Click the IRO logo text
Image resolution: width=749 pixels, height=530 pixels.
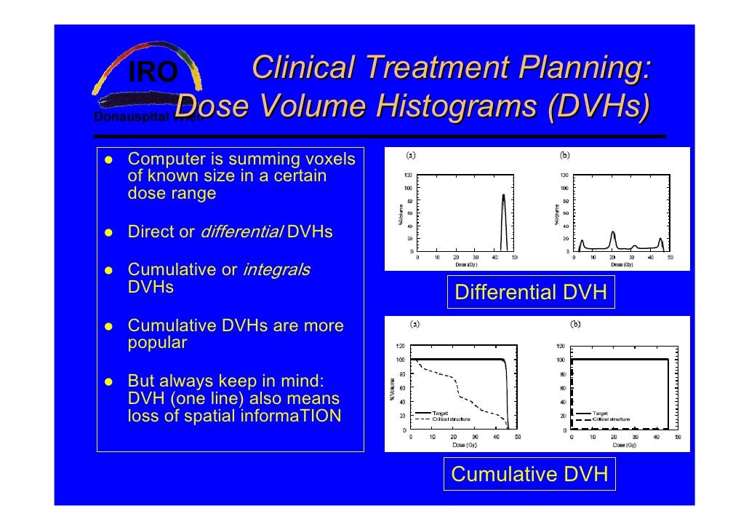tap(153, 72)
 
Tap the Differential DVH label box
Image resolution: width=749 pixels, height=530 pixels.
tap(530, 293)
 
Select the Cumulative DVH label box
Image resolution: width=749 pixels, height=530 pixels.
tap(529, 475)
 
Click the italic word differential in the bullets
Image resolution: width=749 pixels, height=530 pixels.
tap(241, 232)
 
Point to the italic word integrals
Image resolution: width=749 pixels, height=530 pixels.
tap(276, 270)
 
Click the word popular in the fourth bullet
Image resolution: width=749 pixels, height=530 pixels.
tap(157, 343)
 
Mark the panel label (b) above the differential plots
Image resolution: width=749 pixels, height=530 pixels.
tap(564, 154)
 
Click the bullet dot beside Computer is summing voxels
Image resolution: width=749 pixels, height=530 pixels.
tap(106, 159)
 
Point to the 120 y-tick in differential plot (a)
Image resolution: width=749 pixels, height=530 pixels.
tap(409, 175)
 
